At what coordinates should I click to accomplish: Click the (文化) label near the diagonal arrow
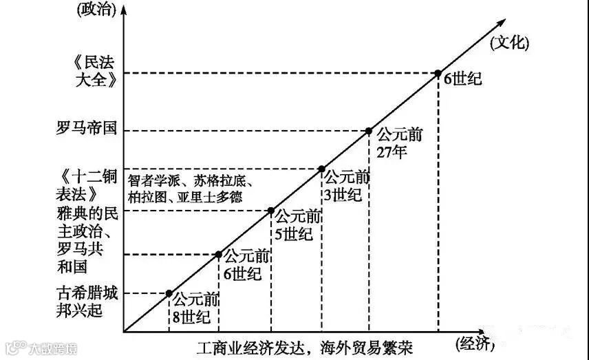510,43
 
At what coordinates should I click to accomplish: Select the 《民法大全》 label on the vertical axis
91,69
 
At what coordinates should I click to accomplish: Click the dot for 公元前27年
369,131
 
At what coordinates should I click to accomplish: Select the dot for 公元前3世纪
321,169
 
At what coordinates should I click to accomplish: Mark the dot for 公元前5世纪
271,211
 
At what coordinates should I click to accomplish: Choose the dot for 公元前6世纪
219,255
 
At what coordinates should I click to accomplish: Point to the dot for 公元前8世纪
169,293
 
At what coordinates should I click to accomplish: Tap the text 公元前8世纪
195,308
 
